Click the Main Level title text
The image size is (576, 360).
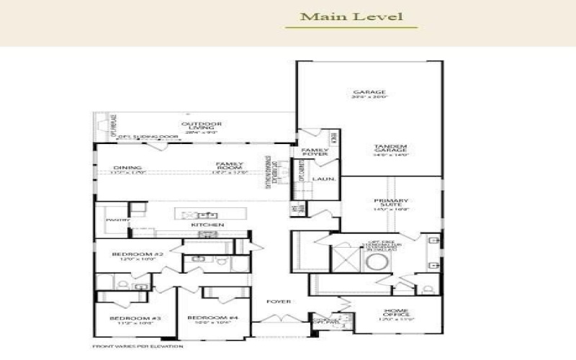point(351,16)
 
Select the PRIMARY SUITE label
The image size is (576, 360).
point(391,204)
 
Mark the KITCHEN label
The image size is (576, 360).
point(202,225)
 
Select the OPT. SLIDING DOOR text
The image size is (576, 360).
point(148,136)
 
